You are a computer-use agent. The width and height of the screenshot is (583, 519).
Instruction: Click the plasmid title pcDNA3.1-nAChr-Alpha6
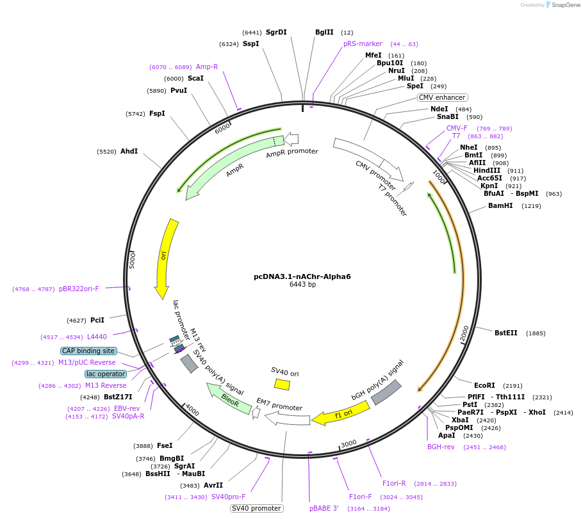[x=302, y=276]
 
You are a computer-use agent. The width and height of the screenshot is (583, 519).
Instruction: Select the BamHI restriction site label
[x=500, y=206]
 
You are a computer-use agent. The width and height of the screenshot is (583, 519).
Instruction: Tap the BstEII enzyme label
[x=505, y=333]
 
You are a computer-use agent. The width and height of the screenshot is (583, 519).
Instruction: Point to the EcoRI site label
[x=484, y=385]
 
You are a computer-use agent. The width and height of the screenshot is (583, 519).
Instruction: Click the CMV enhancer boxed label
[x=442, y=97]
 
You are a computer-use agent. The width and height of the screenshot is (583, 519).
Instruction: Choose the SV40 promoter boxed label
[x=256, y=508]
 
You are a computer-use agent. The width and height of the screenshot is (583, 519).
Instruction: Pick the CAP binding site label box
[x=88, y=351]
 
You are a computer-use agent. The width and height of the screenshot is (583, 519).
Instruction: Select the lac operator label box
[x=106, y=374]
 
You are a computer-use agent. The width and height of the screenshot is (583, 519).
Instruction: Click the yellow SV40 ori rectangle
[x=282, y=384]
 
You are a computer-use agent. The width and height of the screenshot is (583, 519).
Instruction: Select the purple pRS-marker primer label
[x=363, y=44]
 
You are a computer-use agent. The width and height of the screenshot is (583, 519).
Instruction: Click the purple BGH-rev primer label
[x=441, y=447]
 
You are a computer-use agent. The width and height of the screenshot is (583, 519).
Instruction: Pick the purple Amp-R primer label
[x=207, y=67]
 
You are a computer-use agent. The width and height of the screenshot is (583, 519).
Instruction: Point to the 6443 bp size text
[x=302, y=285]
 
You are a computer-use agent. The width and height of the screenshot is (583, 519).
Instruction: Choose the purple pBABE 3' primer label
[x=324, y=508]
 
